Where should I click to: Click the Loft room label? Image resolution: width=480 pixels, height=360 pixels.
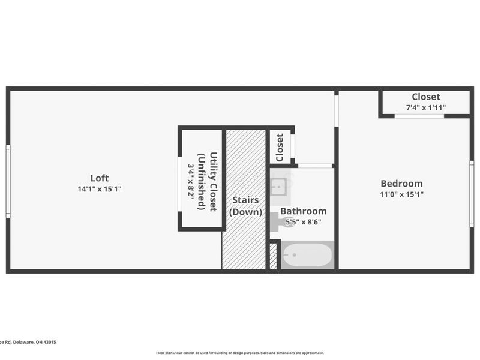99,178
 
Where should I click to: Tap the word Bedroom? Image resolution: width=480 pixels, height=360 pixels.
401,184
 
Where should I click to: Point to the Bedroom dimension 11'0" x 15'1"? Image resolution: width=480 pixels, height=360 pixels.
401,194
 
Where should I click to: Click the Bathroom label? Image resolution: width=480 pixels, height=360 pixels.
304,211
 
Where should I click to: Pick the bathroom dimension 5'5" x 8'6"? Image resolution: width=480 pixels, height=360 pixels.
304,221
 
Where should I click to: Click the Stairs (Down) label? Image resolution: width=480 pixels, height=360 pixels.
245,206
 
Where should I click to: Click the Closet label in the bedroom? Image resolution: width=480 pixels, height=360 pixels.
426,97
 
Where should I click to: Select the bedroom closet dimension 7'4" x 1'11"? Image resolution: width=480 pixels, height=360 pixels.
426,108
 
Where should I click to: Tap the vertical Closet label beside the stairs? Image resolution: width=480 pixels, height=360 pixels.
280,147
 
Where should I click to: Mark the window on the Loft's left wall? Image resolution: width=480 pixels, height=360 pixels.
8,181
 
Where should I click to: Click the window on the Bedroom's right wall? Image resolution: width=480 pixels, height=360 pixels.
472,186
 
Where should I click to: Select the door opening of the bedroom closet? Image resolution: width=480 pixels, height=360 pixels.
419,116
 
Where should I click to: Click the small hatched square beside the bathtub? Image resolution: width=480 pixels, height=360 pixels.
274,256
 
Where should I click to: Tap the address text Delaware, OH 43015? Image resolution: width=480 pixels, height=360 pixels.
33,342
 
